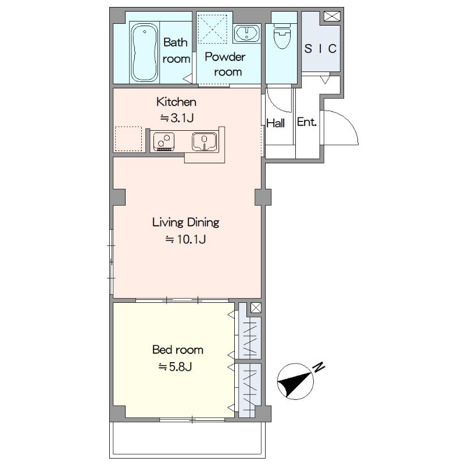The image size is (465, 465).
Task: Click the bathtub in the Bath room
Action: click(x=144, y=52)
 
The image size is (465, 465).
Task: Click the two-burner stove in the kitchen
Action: click(x=163, y=142)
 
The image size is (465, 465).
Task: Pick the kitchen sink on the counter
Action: click(x=205, y=141)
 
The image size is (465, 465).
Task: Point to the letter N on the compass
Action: click(x=319, y=367)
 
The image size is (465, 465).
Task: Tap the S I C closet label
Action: click(x=320, y=48)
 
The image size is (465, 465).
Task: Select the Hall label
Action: click(x=276, y=123)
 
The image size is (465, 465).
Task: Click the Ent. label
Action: click(x=307, y=122)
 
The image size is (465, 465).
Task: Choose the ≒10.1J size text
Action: click(x=185, y=239)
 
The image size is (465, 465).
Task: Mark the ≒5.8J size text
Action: click(x=176, y=367)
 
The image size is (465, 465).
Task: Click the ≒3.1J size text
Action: click(x=177, y=118)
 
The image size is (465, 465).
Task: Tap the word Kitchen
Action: click(x=177, y=102)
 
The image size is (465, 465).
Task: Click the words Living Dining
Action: click(x=185, y=223)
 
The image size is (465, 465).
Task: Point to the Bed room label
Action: click(x=178, y=350)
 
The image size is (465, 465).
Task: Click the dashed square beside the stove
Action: click(x=128, y=139)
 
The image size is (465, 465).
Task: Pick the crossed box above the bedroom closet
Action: click(x=256, y=307)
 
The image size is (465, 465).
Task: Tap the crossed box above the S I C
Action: click(x=331, y=16)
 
